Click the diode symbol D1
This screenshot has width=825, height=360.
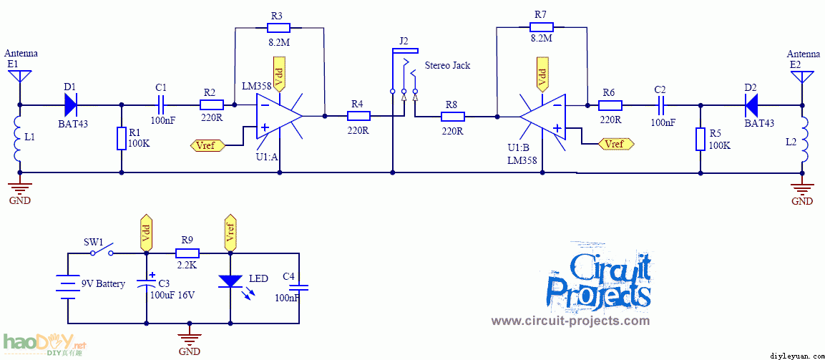70,105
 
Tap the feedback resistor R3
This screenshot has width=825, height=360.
278,28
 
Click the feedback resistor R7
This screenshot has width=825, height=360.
542,28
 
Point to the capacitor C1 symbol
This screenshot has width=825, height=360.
161,105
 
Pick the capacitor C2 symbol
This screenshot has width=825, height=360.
660,105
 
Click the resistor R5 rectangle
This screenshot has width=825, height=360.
700,138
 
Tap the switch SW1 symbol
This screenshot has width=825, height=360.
101,252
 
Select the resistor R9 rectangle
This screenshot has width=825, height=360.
187,253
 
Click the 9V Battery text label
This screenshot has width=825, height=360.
103,284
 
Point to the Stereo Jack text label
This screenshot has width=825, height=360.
448,66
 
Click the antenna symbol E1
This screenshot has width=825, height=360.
20,77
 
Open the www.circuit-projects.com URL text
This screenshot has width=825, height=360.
570,321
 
